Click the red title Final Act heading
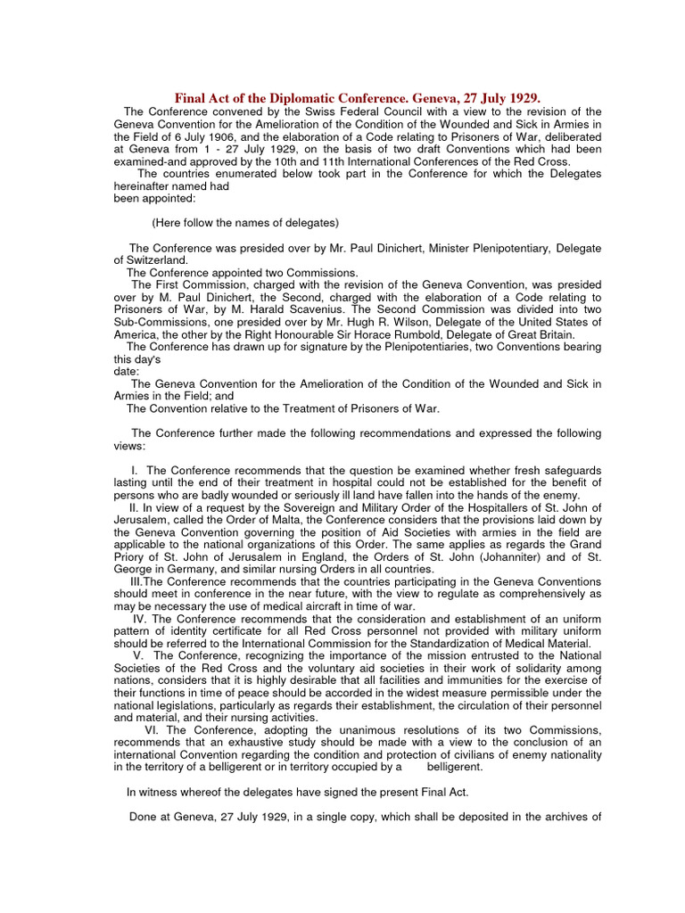click(358, 97)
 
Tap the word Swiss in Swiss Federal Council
click(318, 111)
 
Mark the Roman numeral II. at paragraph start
click(136, 507)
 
